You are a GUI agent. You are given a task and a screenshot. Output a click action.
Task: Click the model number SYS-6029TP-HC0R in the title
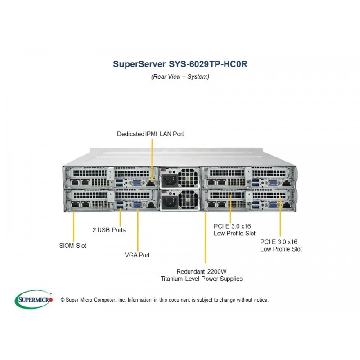coord(208,64)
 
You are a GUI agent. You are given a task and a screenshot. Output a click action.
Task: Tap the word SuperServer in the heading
coord(139,64)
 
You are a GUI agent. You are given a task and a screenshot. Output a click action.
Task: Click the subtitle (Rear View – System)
coord(180,76)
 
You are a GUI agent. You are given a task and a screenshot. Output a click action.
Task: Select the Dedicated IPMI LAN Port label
coord(150,134)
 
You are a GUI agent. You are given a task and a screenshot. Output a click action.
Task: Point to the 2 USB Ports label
coord(109,230)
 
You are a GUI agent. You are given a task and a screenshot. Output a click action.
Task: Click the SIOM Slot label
coord(73,246)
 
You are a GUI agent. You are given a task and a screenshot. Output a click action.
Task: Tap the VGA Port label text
coord(137,255)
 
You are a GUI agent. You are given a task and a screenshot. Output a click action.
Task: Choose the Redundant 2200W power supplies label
coord(202,275)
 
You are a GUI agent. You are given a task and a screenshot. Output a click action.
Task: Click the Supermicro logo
coord(34,299)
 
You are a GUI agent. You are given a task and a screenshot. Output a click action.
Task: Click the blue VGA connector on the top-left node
coord(137,183)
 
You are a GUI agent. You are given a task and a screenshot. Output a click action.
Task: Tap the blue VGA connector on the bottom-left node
coord(137,205)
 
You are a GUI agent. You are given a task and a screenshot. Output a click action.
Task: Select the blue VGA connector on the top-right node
coord(273,183)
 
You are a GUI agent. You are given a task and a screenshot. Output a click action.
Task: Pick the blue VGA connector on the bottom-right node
coord(273,205)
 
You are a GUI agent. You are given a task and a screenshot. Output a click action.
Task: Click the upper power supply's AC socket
coord(170,180)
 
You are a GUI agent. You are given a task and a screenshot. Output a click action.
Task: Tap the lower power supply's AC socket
coord(170,202)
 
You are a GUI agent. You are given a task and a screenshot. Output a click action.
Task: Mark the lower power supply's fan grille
coord(188,200)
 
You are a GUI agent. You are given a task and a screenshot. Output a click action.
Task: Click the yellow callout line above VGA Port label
coord(138,230)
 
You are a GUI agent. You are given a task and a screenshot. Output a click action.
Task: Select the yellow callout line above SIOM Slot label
coord(74,227)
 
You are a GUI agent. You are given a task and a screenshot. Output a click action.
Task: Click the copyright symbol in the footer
coord(63,300)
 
